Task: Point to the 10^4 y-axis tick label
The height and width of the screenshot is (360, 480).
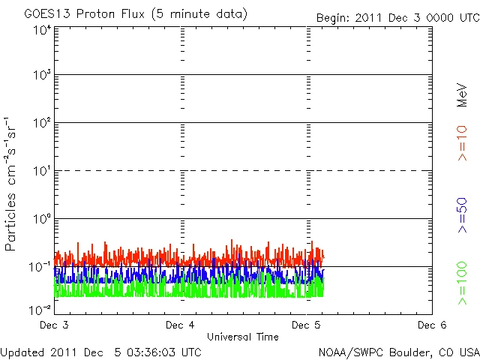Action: pyautogui.click(x=42, y=29)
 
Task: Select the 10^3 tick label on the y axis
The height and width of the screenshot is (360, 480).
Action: pyautogui.click(x=42, y=76)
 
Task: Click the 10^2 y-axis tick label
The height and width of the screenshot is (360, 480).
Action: pyautogui.click(x=42, y=124)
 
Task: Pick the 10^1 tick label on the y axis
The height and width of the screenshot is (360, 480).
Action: pyautogui.click(x=42, y=172)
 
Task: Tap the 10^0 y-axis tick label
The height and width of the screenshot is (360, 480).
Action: pyautogui.click(x=42, y=220)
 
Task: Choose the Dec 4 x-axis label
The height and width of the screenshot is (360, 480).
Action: pyautogui.click(x=180, y=325)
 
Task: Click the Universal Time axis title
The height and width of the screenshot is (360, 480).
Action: pyautogui.click(x=243, y=337)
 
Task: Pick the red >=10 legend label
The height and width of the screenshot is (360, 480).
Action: pyautogui.click(x=463, y=143)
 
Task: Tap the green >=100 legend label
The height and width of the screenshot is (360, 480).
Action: pyautogui.click(x=463, y=283)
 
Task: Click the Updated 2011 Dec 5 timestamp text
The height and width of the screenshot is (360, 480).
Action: pyautogui.click(x=100, y=351)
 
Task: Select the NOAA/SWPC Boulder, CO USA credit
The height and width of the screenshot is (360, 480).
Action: pyautogui.click(x=398, y=351)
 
